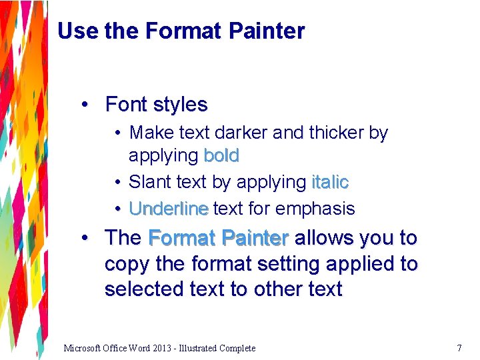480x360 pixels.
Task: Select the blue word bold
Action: pyautogui.click(x=221, y=156)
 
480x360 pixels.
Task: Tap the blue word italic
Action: pyautogui.click(x=330, y=182)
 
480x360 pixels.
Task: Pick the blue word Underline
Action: pyautogui.click(x=169, y=209)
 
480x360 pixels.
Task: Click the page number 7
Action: pyautogui.click(x=459, y=348)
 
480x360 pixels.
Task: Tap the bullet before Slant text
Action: pyautogui.click(x=116, y=182)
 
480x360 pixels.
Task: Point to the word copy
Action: pyautogui.click(x=127, y=264)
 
